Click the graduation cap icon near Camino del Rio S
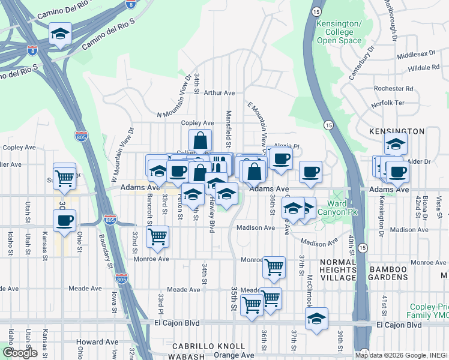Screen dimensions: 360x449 coord(60,34)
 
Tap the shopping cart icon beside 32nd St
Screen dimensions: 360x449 coord(157,236)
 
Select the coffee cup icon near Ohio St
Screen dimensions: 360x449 coord(65,220)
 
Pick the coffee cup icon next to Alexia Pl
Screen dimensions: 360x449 coord(280,158)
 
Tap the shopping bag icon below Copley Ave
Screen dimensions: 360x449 coord(200,141)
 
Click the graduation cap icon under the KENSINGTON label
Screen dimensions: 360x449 coord(396,144)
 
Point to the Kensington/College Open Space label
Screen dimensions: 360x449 coord(339,32)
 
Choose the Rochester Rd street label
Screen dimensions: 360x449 coord(393,88)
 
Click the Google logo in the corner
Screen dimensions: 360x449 coord(20,353)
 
